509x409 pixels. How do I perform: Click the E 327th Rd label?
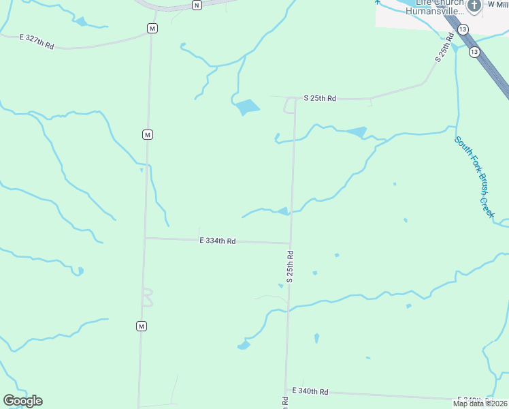click(36, 41)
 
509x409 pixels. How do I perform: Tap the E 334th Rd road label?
click(218, 241)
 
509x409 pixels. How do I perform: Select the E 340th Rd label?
click(310, 391)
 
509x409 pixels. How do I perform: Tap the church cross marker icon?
click(475, 5)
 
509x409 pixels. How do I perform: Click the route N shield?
click(197, 5)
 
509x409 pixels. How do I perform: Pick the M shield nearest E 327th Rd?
click(152, 29)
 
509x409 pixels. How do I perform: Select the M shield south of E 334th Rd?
click(142, 327)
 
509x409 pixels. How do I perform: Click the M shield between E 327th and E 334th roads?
click(147, 135)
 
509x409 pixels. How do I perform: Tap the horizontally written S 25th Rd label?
click(320, 99)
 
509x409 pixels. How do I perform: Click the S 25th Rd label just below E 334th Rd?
click(290, 267)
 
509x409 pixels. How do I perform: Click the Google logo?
click(22, 401)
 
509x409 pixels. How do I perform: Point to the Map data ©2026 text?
click(480, 404)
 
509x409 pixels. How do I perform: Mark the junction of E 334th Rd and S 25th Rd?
click(291, 243)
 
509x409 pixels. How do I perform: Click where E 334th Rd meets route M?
click(145, 238)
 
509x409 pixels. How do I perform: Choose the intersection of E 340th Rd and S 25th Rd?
click(286, 391)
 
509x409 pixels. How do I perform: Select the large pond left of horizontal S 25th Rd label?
click(246, 107)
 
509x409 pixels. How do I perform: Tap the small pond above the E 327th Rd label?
click(82, 22)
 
